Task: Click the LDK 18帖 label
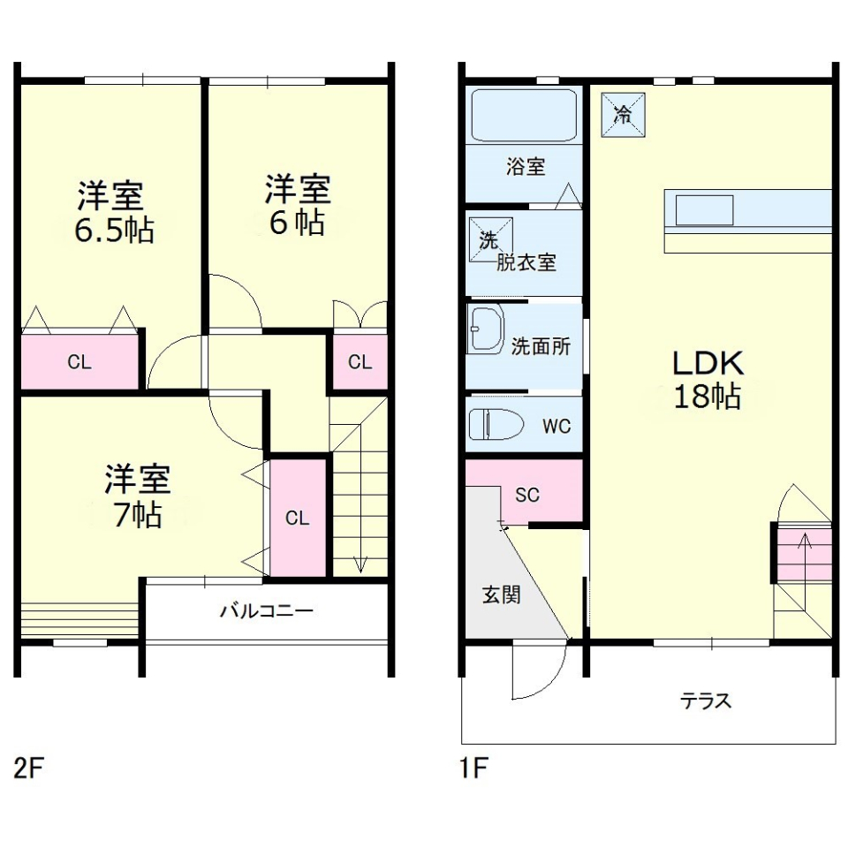pos(708,380)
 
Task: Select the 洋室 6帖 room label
pos(297,205)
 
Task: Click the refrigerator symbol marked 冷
pos(623,114)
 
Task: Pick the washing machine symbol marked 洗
pos(488,239)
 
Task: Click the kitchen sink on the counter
pos(704,210)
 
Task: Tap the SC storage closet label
pos(527,495)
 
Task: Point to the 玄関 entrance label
pos(501,594)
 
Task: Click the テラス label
pos(706,701)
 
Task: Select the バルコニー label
pos(266,611)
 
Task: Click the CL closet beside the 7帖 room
pos(298,519)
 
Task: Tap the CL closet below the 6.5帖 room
pos(79,362)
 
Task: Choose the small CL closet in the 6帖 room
pos(359,361)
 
